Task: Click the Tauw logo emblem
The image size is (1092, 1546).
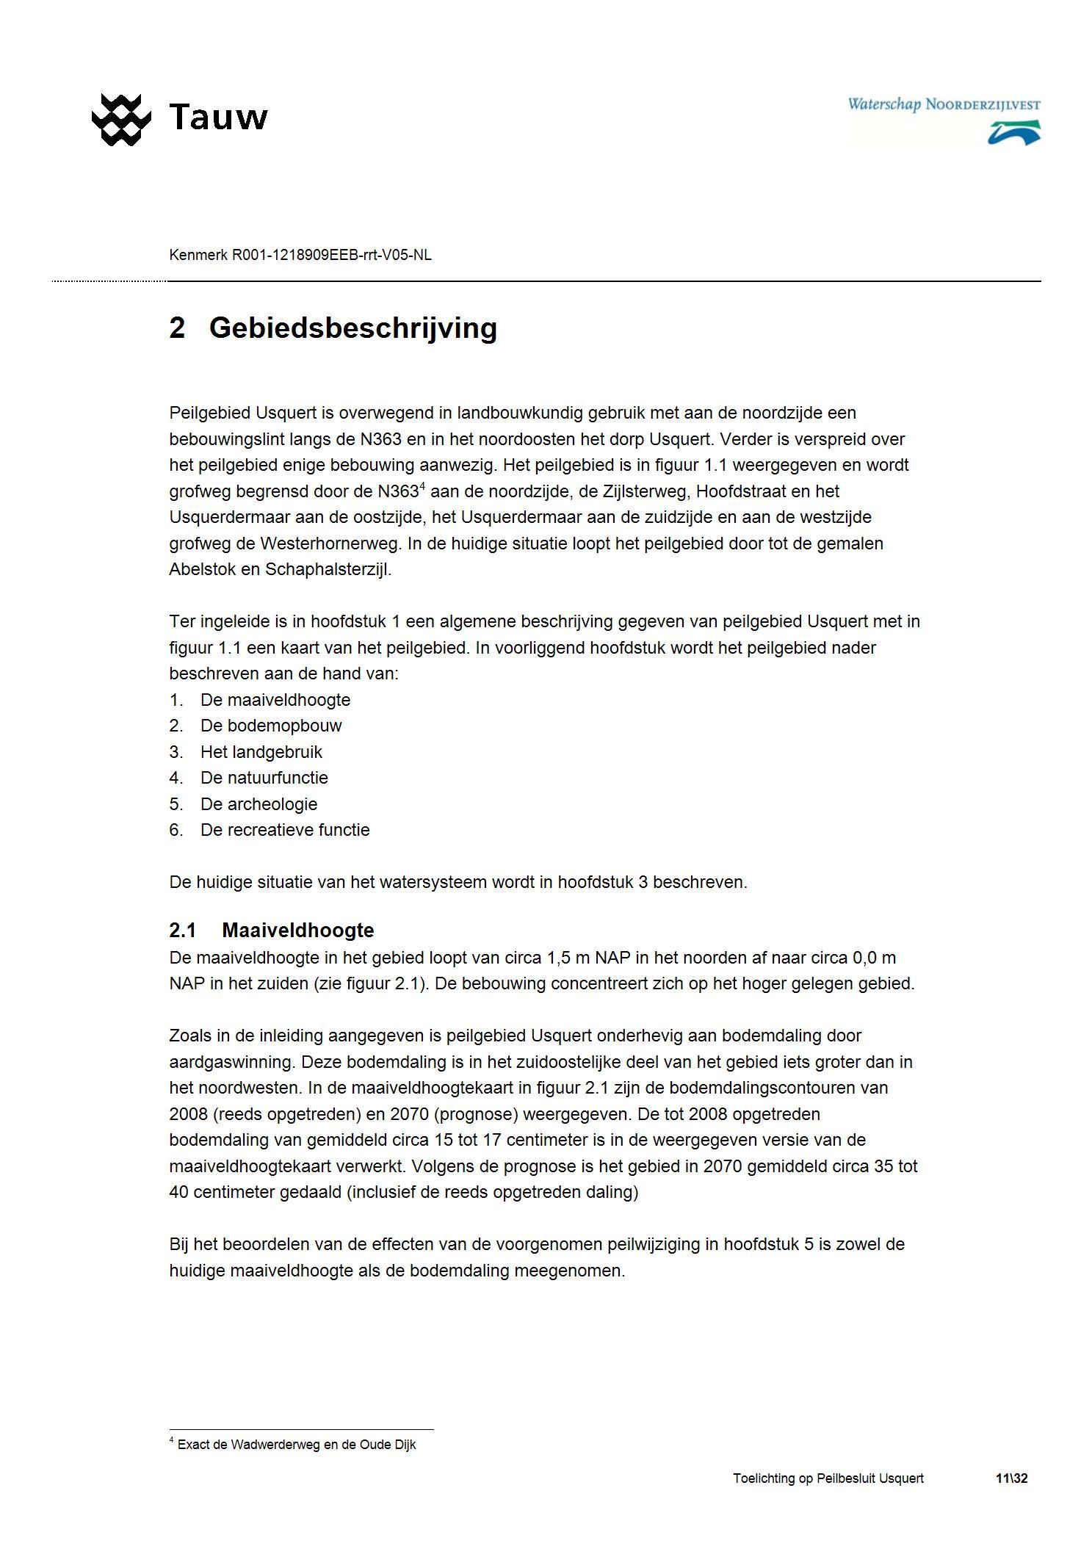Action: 120,119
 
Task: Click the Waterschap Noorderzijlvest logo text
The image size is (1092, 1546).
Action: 944,105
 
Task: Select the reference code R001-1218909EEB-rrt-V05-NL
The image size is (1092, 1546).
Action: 331,256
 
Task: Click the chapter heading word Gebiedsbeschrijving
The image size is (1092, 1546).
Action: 352,328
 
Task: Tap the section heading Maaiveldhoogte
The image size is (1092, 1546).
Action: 297,931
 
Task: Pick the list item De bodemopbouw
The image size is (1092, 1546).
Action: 270,726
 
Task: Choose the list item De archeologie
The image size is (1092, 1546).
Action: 258,803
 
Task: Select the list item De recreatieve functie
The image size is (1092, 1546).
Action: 285,830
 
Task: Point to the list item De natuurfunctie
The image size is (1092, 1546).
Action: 264,778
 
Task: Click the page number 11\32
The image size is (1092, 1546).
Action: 1011,1478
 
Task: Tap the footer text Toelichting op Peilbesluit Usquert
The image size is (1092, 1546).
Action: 828,1478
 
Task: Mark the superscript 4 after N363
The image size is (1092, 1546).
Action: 422,486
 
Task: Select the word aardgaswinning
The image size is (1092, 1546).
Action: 231,1062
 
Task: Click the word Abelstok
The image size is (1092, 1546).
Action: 201,569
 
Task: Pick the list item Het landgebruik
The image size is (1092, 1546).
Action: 261,752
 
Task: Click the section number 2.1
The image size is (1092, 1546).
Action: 182,931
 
